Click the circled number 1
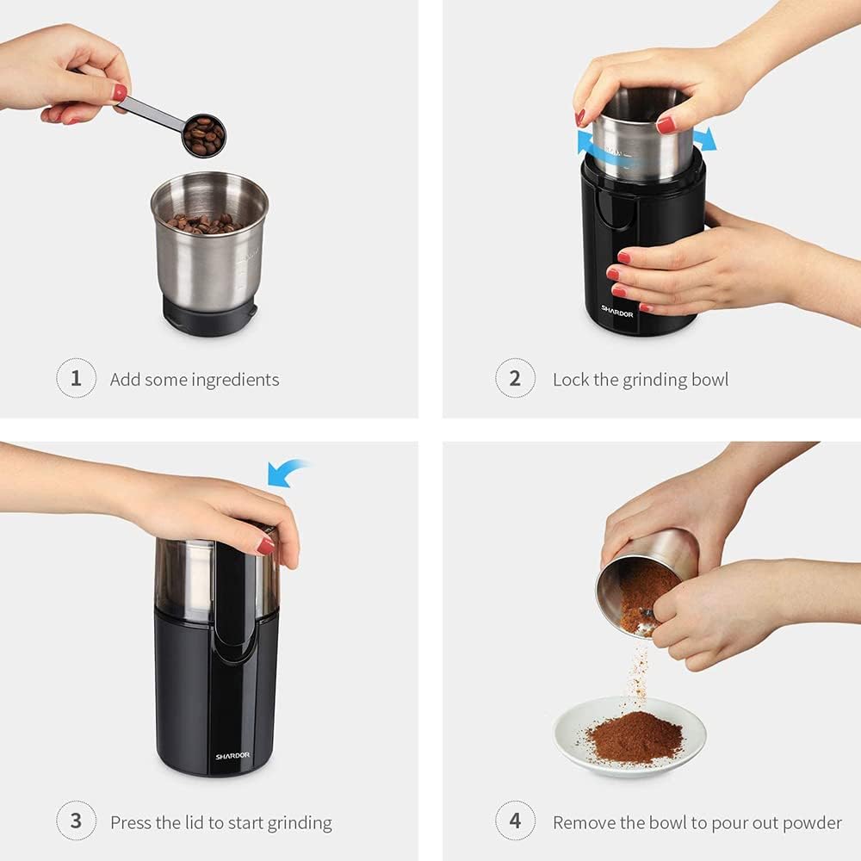pyautogui.click(x=76, y=379)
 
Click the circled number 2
pyautogui.click(x=515, y=379)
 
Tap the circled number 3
pyautogui.click(x=76, y=821)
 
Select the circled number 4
pyautogui.click(x=515, y=821)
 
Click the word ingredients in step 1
pyautogui.click(x=235, y=380)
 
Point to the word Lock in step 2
pyautogui.click(x=571, y=380)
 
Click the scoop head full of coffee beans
pyautogui.click(x=204, y=135)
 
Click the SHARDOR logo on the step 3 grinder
pyautogui.click(x=232, y=756)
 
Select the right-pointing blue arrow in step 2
pyautogui.click(x=703, y=139)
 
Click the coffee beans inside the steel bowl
pyautogui.click(x=205, y=223)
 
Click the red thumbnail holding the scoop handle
pyautogui.click(x=119, y=92)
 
